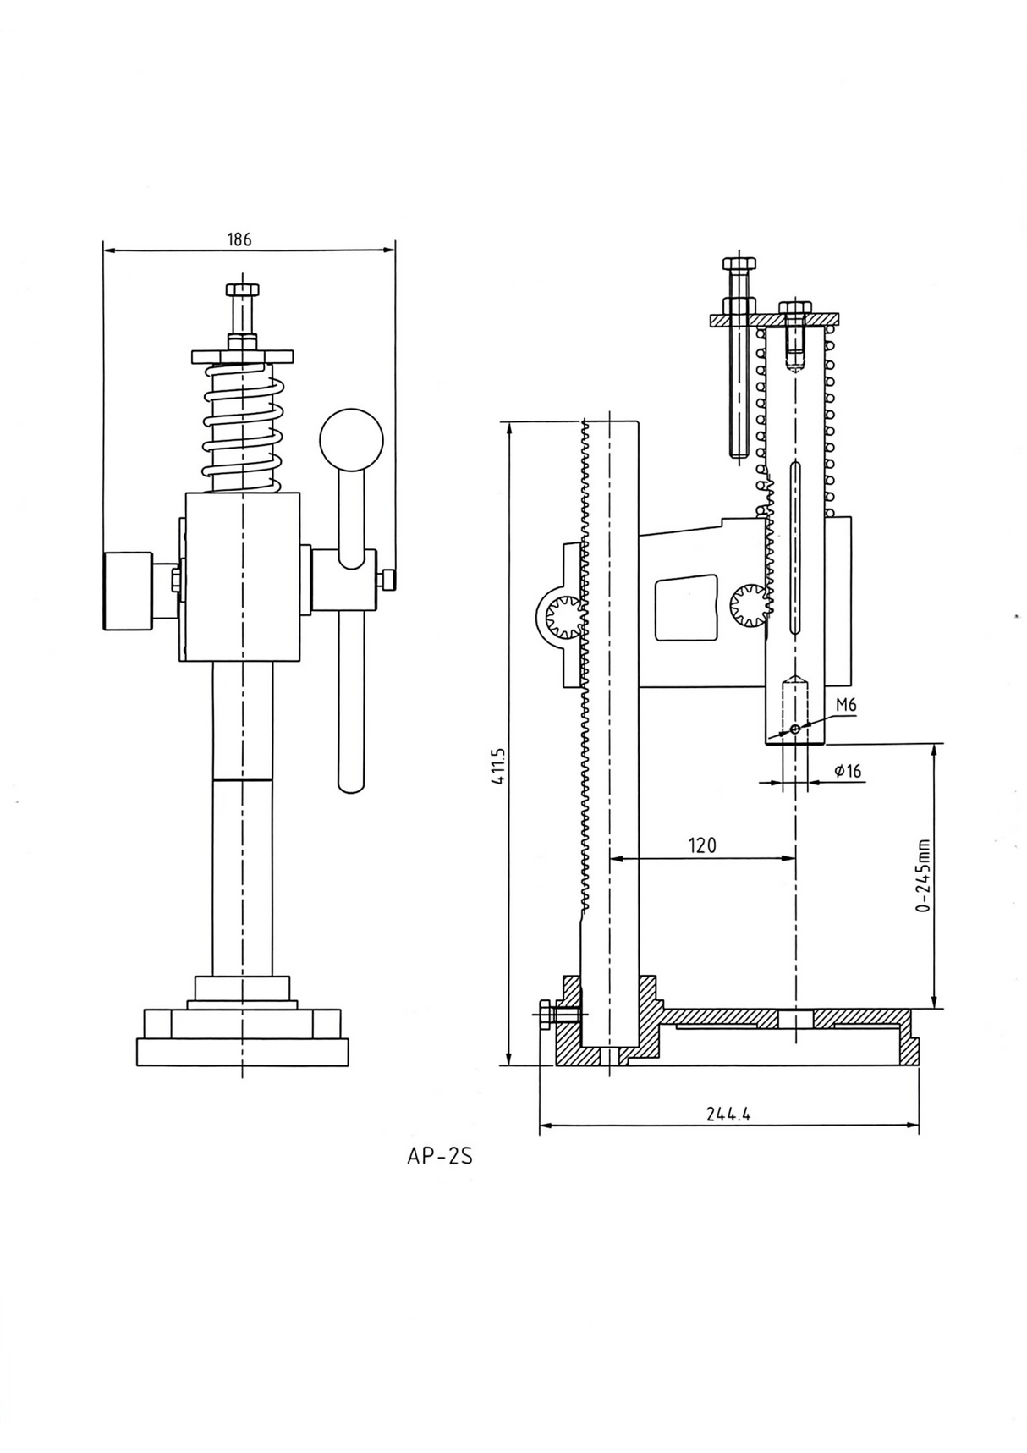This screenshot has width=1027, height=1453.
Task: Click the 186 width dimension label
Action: tap(239, 239)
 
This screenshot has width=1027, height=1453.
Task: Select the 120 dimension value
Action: tap(701, 845)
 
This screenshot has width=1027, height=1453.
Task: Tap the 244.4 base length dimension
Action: tap(728, 1115)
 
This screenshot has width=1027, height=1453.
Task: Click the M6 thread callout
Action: tap(846, 705)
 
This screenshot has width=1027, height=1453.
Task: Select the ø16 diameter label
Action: tap(847, 771)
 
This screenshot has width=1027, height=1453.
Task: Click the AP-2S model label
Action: tap(439, 1156)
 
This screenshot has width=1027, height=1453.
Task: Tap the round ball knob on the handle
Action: tap(351, 440)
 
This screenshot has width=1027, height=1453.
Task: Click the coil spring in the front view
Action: tap(243, 428)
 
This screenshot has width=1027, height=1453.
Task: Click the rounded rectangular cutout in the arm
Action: tap(686, 608)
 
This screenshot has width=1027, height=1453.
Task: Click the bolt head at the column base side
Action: tap(545, 1014)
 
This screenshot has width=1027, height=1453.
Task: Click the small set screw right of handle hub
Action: tap(388, 581)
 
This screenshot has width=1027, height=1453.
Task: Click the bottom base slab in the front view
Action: tap(242, 1052)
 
